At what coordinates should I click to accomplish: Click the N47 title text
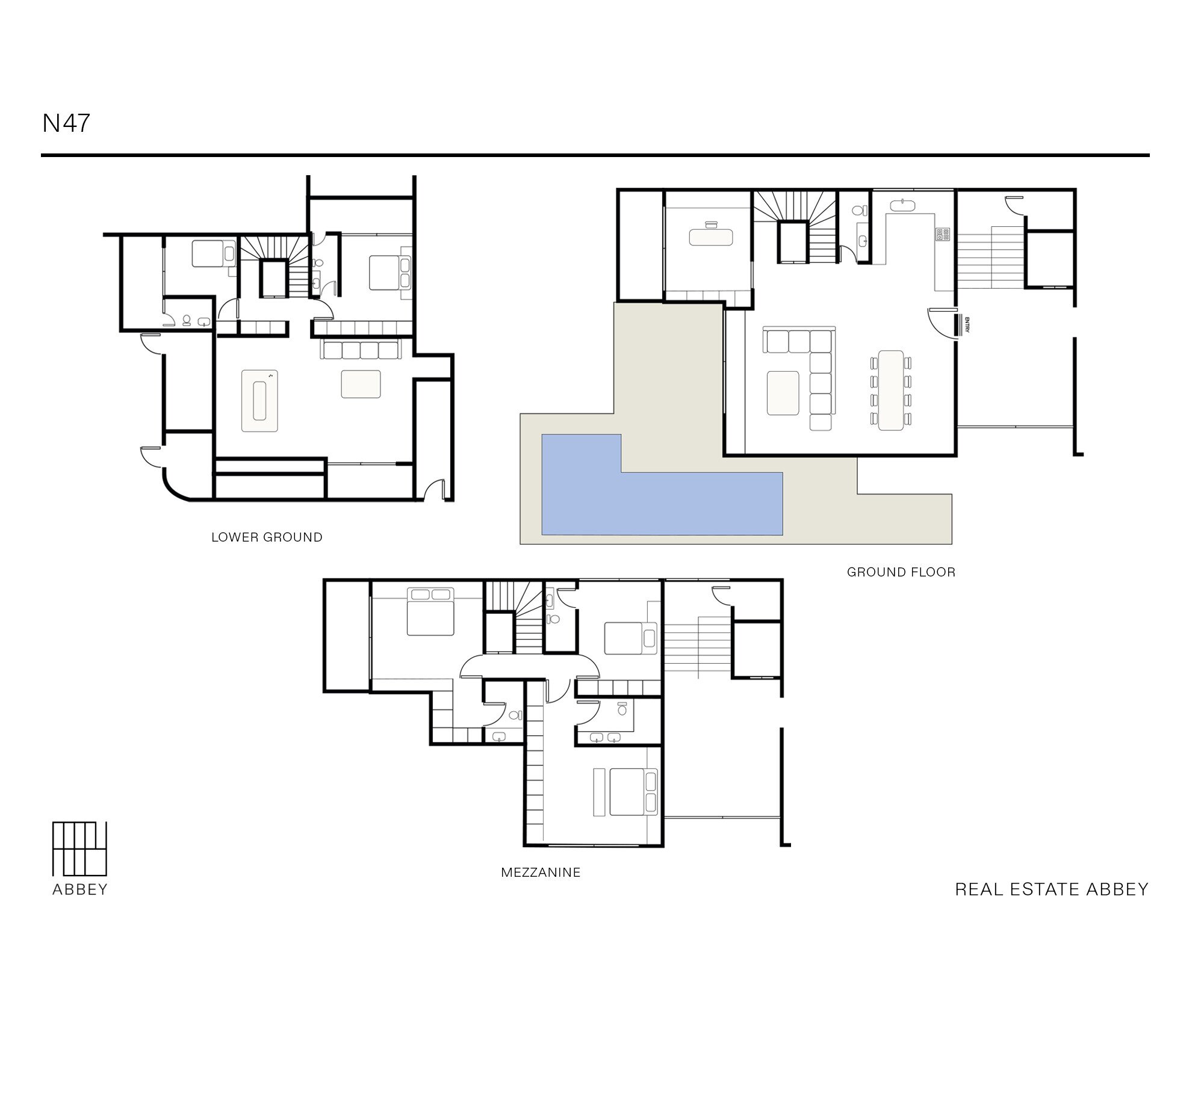click(66, 123)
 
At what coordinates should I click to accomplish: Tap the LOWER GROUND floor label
click(267, 537)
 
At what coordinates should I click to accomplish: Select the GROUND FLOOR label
click(901, 572)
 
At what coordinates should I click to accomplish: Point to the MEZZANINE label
click(541, 872)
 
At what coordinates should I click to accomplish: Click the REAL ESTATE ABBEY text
click(1052, 889)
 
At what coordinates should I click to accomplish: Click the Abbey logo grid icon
click(79, 848)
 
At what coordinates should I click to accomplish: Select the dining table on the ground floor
click(891, 390)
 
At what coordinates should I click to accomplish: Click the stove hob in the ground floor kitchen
click(942, 234)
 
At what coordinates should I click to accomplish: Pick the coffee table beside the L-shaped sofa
click(783, 393)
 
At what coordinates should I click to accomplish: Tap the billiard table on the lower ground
click(259, 401)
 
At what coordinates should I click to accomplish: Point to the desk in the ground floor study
click(712, 236)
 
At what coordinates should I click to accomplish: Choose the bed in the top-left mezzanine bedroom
click(430, 612)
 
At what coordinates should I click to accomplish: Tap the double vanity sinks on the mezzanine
click(606, 737)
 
